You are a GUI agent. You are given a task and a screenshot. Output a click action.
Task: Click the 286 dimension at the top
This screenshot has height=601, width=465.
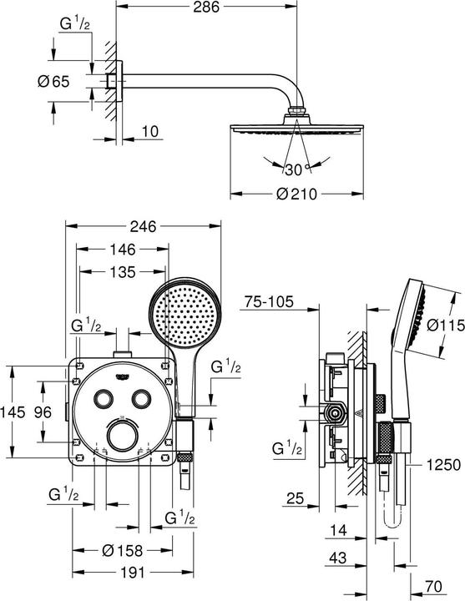point(206,7)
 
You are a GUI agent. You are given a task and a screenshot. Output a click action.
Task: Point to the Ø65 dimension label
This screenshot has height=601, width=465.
point(54,81)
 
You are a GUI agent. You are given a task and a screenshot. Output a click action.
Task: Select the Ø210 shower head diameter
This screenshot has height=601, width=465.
point(296,194)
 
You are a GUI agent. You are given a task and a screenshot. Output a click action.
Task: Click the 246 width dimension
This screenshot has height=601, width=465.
point(143,226)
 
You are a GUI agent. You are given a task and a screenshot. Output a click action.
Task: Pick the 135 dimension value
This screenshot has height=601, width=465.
point(123,272)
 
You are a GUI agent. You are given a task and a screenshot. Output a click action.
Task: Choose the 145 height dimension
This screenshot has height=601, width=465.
point(13,412)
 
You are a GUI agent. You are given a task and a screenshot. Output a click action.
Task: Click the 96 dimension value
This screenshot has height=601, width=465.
point(43,412)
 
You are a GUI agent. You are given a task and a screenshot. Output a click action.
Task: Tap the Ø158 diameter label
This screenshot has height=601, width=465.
point(123,551)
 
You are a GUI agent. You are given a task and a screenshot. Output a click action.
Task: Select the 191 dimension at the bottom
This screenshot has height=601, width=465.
point(133,573)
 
